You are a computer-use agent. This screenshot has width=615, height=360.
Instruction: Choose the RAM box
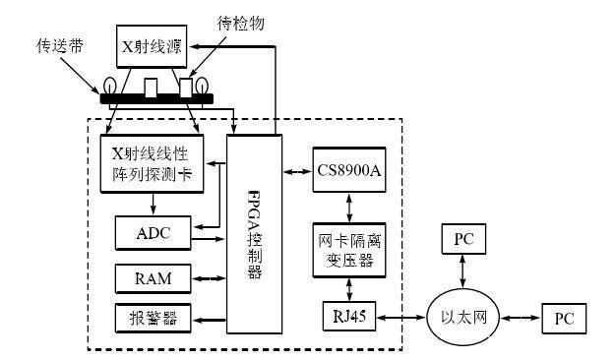coord(153,278)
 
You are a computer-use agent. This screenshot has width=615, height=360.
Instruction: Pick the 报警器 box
coord(153,321)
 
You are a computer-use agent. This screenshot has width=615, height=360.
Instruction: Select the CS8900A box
coord(349,173)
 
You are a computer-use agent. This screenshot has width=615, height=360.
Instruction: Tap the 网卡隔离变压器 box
coord(348,251)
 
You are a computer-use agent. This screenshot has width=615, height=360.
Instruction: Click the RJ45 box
coord(348,317)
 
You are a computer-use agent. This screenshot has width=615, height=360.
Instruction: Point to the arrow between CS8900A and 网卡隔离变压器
coord(348,208)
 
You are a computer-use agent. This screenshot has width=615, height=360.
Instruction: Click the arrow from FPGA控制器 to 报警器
coord(209,321)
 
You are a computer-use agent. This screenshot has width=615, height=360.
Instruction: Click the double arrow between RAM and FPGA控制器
coord(209,278)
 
